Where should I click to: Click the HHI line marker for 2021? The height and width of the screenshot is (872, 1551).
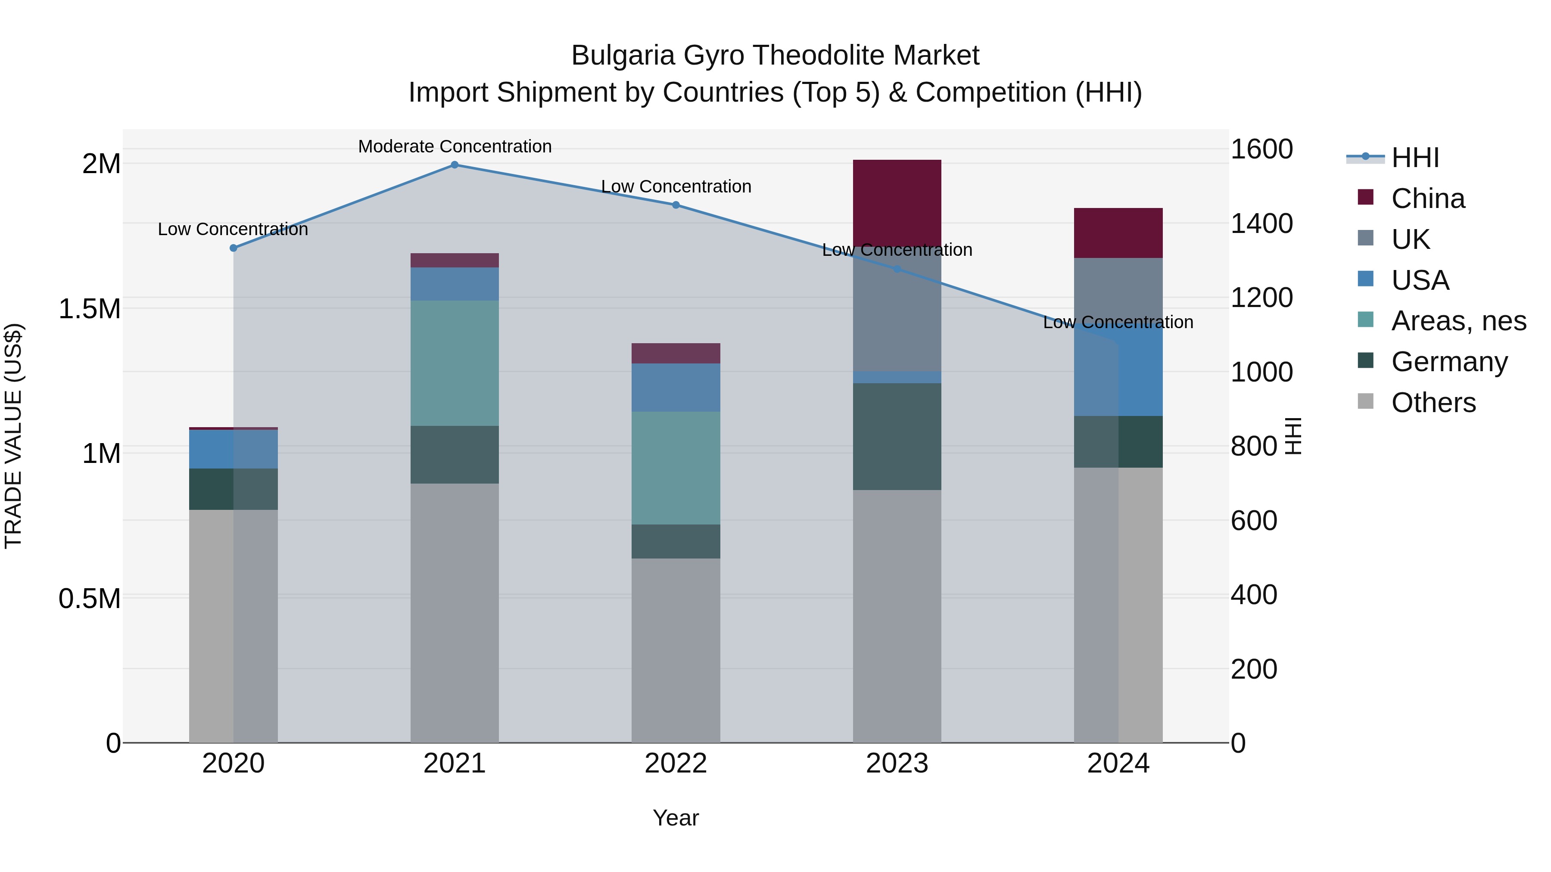pos(455,165)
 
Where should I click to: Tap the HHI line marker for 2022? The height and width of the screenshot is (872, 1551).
pos(676,205)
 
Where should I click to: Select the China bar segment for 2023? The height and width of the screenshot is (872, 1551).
pos(897,202)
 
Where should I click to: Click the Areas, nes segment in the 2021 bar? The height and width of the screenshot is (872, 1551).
pos(455,363)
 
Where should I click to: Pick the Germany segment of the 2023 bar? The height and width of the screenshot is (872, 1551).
pos(897,436)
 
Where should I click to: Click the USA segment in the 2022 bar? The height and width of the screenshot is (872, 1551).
pos(676,387)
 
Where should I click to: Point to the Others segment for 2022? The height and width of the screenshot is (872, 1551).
pos(676,650)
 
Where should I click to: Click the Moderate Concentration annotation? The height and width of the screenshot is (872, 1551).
pos(455,146)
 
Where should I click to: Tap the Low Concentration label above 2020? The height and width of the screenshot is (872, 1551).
pos(233,229)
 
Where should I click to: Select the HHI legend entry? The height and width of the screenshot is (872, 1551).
pos(1415,158)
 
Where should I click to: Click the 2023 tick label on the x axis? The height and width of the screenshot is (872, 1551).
pos(897,763)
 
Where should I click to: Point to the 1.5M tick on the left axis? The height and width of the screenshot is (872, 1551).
pos(89,309)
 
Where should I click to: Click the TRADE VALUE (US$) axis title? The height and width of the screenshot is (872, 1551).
pos(13,436)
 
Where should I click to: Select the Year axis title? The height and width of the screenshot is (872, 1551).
pos(676,818)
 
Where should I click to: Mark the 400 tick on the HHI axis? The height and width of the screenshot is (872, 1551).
pos(1254,595)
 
